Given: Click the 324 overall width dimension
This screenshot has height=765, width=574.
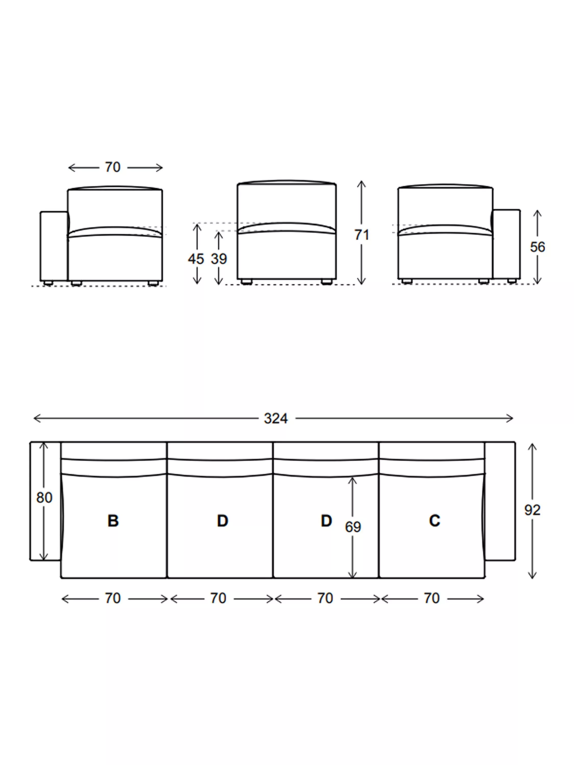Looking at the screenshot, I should point(276,418).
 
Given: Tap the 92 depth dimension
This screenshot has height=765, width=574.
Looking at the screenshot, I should point(532,510).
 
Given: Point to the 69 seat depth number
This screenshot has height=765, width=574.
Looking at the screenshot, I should point(353,527).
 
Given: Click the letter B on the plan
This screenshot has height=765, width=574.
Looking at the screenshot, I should point(113,521).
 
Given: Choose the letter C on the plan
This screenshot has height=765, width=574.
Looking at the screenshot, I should point(434,521).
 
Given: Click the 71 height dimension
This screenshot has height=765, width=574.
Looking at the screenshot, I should point(361,235).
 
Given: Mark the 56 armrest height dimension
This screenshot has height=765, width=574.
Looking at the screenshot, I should point(537,247).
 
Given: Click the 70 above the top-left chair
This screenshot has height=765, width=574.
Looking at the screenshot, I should point(113,167).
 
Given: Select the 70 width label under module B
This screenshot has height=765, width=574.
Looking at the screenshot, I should point(113,598).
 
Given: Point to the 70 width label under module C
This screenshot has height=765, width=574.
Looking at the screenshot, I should point(431,598).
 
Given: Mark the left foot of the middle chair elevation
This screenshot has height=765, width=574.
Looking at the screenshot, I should point(246,282).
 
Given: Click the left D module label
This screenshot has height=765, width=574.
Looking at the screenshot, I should point(222,521).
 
